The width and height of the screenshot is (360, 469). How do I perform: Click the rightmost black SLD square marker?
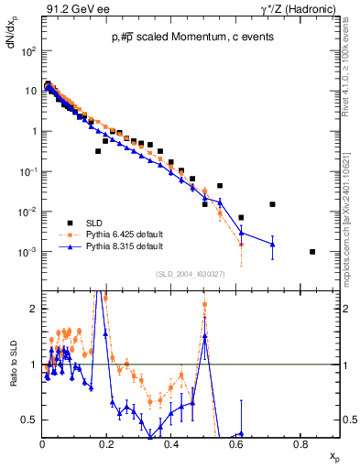312,252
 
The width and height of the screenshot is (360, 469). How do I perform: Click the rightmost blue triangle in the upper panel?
272,245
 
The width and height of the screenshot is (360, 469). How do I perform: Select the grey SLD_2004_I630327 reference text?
194,273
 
